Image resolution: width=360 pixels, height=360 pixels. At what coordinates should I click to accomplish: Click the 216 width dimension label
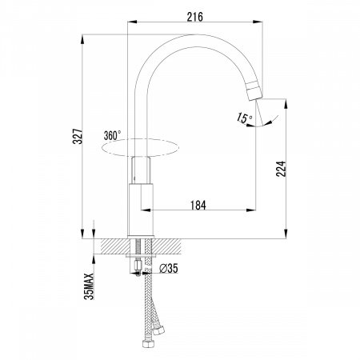click(194, 17)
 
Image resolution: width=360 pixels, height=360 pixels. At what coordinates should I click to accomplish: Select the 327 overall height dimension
click(78, 136)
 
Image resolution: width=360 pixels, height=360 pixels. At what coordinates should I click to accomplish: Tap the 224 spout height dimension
click(281, 169)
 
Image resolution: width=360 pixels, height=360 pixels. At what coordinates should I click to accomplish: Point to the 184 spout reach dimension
click(198, 205)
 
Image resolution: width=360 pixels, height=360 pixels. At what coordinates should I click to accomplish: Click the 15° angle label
click(244, 118)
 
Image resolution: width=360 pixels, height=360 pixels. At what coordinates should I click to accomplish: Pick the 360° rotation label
click(112, 135)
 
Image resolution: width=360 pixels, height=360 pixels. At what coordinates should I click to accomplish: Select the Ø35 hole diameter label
click(169, 268)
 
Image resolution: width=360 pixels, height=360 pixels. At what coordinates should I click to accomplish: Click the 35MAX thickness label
click(89, 286)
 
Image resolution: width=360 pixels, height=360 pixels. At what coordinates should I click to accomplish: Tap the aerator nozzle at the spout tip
click(254, 90)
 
